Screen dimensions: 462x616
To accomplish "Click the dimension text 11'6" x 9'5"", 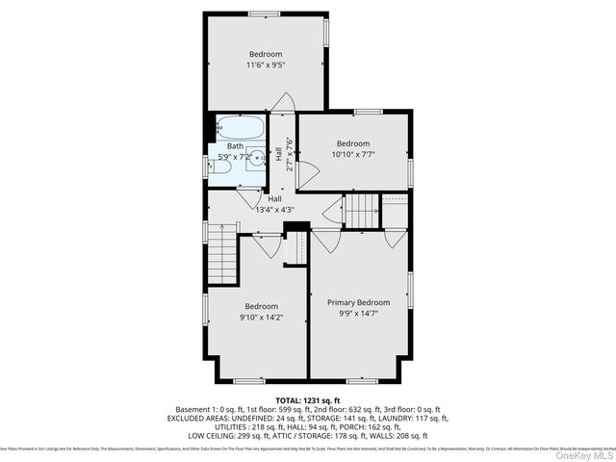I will (x=266, y=64).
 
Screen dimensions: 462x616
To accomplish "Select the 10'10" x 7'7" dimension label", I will (x=353, y=154).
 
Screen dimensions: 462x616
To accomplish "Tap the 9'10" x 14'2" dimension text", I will (x=261, y=317).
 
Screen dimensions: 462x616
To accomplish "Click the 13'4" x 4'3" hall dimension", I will (x=274, y=209).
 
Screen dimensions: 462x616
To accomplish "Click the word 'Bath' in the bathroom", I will (x=235, y=146).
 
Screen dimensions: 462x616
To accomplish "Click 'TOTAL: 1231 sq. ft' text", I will (x=308, y=398).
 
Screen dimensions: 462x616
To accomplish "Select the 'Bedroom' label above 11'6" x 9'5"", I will (x=266, y=53).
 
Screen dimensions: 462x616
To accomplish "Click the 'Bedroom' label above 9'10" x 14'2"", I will (x=261, y=306).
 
